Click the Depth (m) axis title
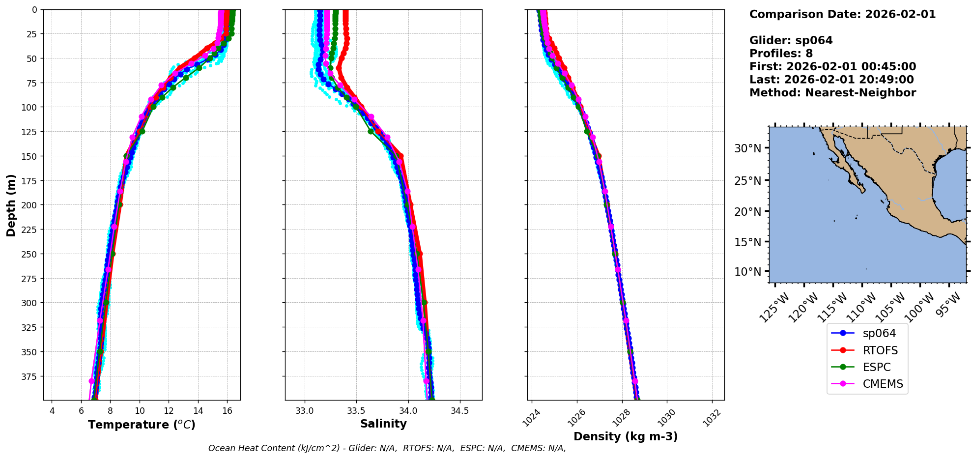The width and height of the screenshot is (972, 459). (11, 205)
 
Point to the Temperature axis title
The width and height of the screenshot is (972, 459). (142, 425)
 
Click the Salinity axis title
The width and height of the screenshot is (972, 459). (383, 424)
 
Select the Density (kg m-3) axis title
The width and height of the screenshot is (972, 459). (626, 436)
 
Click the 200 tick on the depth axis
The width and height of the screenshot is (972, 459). (29, 205)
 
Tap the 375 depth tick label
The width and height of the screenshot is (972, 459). (29, 376)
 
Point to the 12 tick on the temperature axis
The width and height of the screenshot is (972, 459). (169, 411)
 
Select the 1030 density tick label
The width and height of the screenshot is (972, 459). (666, 417)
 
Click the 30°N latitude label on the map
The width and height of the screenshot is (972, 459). (747, 148)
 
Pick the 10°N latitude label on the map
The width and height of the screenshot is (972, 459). (747, 272)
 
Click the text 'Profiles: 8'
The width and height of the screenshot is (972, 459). (781, 54)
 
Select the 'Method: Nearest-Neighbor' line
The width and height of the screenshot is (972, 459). (832, 93)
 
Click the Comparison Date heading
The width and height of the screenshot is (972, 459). (842, 14)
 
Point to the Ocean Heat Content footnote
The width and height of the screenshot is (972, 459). (387, 448)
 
